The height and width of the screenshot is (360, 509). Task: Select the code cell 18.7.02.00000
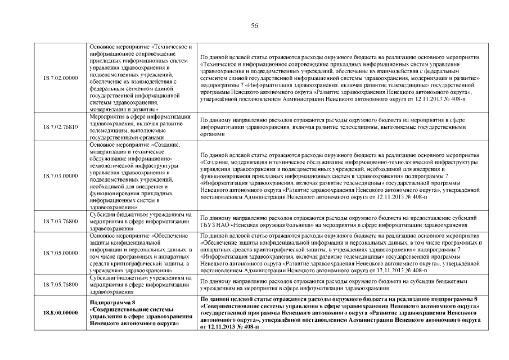tap(60, 78)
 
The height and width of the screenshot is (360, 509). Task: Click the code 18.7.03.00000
tap(60, 175)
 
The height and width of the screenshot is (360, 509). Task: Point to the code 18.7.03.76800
tap(60, 222)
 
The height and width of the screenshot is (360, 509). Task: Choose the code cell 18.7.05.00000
tap(60, 253)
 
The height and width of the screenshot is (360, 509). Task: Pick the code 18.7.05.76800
tap(60, 285)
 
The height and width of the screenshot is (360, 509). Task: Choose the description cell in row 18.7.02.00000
tap(339, 78)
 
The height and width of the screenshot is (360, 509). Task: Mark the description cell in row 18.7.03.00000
tap(339, 175)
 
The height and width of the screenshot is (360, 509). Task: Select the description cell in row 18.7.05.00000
tap(339, 253)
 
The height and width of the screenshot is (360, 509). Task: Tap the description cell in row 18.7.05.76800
tap(339, 285)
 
